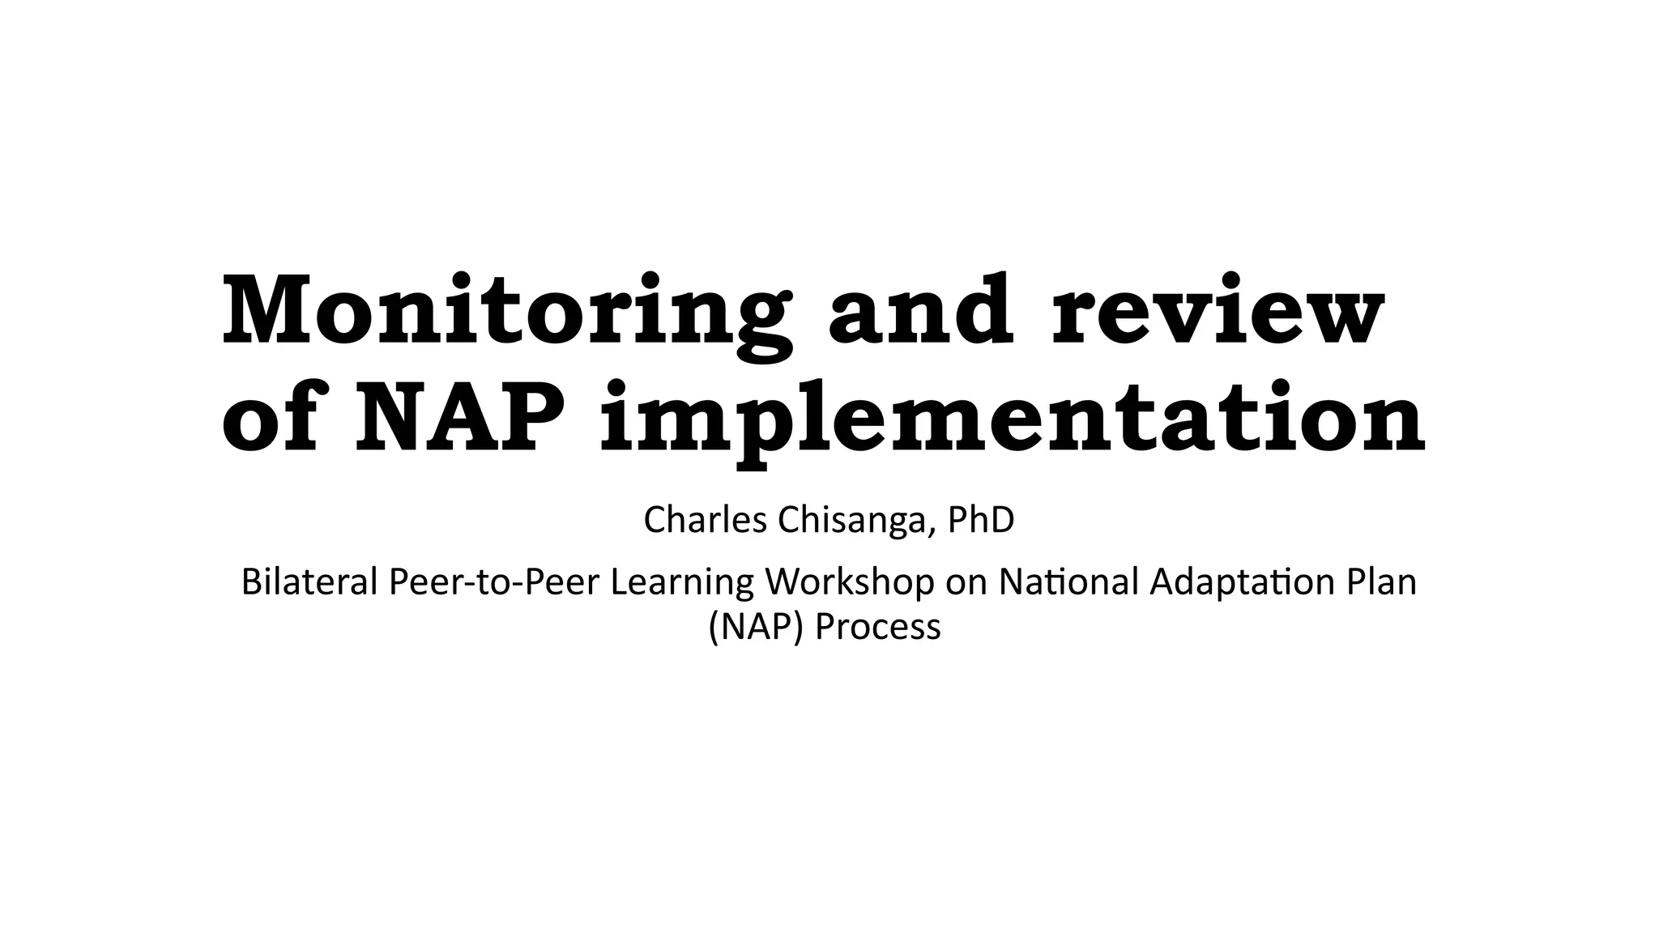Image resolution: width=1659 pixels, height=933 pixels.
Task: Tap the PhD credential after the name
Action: (x=981, y=520)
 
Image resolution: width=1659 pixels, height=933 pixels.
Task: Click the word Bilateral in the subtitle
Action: (x=309, y=582)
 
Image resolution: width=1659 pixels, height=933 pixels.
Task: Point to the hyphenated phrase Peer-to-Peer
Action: (x=494, y=584)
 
